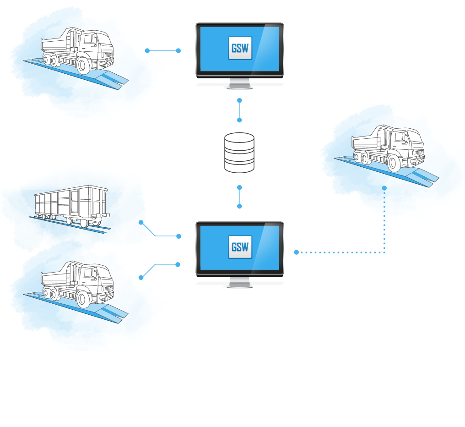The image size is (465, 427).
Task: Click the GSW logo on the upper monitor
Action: pyautogui.click(x=240, y=48)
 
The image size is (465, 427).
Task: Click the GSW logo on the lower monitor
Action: pyautogui.click(x=240, y=247)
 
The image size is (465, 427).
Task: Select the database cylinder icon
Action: pyautogui.click(x=239, y=153)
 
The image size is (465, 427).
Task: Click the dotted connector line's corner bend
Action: pyautogui.click(x=384, y=252)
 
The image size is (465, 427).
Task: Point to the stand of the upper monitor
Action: pyautogui.click(x=239, y=84)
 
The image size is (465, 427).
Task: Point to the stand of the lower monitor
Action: pyautogui.click(x=239, y=283)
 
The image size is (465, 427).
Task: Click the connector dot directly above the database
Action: pyautogui.click(x=239, y=120)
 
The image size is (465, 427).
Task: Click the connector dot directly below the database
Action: pyautogui.click(x=239, y=187)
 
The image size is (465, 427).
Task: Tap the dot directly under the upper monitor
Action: pyautogui.click(x=239, y=100)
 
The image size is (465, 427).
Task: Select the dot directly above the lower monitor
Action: pyautogui.click(x=239, y=206)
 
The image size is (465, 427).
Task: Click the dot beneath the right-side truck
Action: pyautogui.click(x=384, y=188)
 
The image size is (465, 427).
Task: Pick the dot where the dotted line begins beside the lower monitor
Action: pyautogui.click(x=297, y=252)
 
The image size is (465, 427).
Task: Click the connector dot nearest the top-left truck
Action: pyautogui.click(x=147, y=50)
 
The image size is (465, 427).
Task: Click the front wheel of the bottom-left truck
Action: pyautogui.click(x=84, y=299)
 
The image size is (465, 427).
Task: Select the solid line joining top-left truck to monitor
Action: pyautogui.click(x=163, y=50)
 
